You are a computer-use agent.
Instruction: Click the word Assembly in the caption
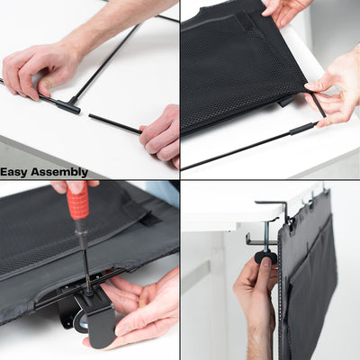pos(60,172)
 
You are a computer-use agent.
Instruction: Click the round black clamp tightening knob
pos(265,257)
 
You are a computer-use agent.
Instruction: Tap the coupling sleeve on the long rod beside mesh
pos(301,129)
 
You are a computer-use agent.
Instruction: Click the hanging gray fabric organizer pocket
pos(310,279)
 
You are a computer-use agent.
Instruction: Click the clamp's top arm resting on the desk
pos(270,205)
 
